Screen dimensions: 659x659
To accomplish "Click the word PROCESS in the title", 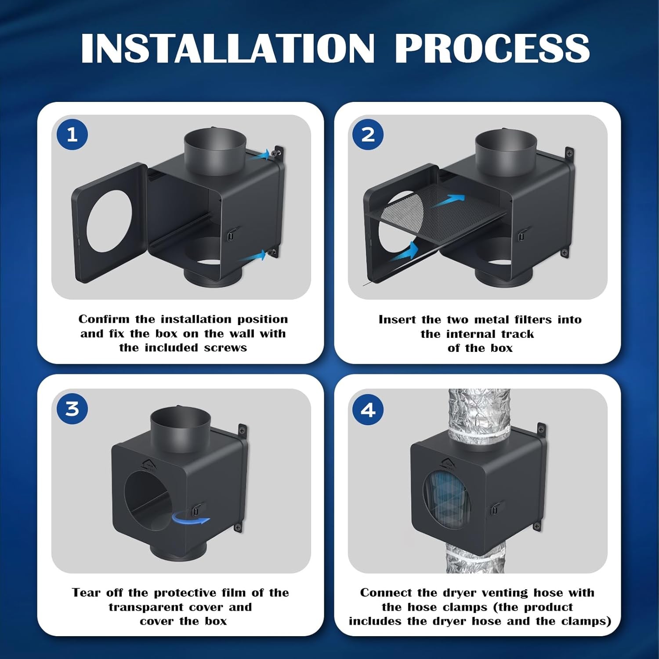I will pos(492,48).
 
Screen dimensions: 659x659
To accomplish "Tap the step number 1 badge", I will pos(72,134).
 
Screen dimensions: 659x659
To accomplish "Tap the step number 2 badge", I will pos(368,134).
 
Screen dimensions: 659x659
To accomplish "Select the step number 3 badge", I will pos(72,409).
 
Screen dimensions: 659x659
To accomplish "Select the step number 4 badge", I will pos(368,410).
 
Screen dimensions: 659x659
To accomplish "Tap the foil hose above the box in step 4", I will pos(479,411).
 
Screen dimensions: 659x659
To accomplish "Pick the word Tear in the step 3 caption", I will pos(86,593).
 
